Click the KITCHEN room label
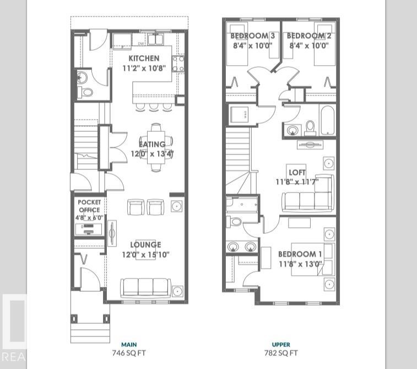coord(144,58)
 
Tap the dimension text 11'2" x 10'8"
coord(144,69)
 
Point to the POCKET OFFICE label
coord(89,206)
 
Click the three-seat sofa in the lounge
coord(145,287)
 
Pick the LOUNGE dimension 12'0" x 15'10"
coord(145,254)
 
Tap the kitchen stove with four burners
coord(178,63)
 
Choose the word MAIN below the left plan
coord(129,345)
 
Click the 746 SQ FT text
coord(129,353)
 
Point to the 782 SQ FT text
coord(281,353)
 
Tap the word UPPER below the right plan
coord(281,345)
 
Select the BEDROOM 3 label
coord(252,36)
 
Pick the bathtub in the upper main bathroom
coord(327,121)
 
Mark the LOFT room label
coord(297,172)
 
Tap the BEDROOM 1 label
coord(300,254)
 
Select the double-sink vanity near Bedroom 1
coord(242,247)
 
